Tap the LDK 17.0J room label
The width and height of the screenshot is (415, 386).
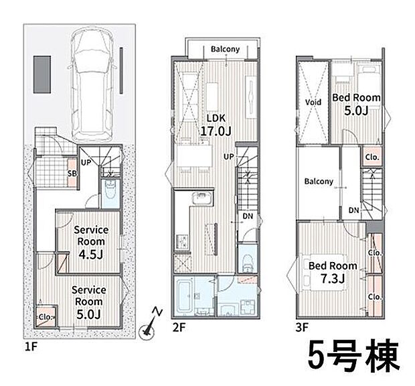(x=216, y=125)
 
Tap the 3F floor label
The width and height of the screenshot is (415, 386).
(x=303, y=329)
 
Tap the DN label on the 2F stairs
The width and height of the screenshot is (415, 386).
(x=247, y=217)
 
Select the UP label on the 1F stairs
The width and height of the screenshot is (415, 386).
(x=86, y=162)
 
